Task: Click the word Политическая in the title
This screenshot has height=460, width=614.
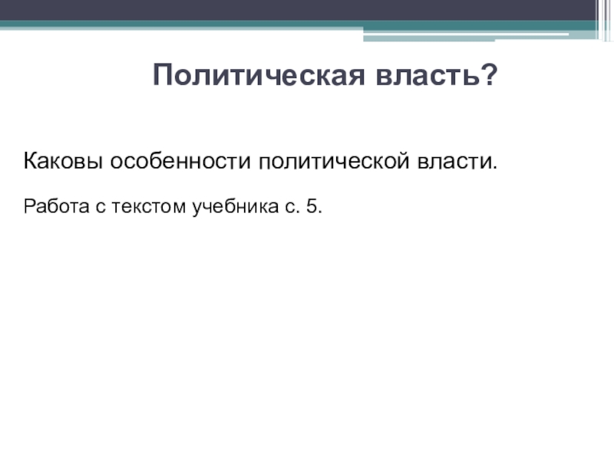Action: point(259,74)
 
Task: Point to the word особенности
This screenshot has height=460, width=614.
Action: point(180,161)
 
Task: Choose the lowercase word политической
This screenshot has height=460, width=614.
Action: point(334,161)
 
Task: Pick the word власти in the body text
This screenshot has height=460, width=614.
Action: point(454,162)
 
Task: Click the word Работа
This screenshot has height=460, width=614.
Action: point(56,206)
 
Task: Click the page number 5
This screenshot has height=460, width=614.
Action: point(312,206)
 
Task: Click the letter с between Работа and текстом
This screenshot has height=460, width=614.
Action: point(101,208)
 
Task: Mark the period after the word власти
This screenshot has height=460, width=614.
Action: point(495,168)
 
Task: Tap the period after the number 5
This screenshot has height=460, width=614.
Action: point(321,212)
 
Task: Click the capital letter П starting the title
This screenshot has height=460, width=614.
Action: point(162,74)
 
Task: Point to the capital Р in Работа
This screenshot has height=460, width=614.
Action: point(29,206)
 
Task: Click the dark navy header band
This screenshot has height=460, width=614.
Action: point(298,10)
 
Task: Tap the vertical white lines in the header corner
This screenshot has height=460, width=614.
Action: point(604,20)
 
